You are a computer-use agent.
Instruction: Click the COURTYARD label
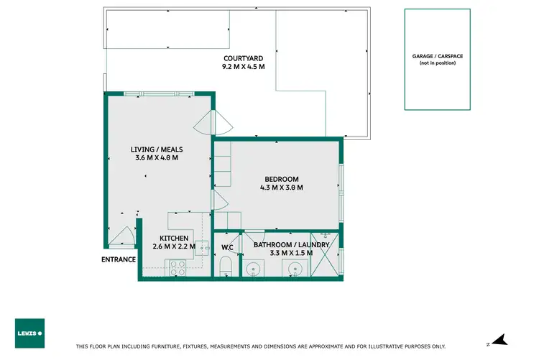[x=244, y=58]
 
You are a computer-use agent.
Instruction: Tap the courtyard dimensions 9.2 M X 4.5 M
[x=244, y=67]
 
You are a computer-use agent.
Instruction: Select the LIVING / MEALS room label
[x=157, y=149]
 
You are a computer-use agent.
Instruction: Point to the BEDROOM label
[x=281, y=179]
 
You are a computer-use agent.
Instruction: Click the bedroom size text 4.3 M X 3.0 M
[x=281, y=188]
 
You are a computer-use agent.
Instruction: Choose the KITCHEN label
[x=174, y=238]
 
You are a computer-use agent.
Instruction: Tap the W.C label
[x=227, y=248]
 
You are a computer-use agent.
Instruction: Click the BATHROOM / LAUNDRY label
[x=292, y=245]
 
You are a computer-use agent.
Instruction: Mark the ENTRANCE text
[x=118, y=259]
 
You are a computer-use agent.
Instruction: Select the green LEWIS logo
[x=29, y=333]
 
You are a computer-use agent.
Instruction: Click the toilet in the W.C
[x=226, y=269]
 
